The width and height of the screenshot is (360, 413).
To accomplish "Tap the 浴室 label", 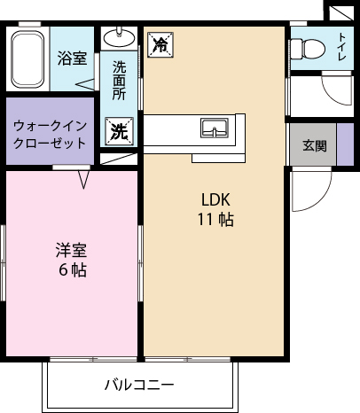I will coord(72,58).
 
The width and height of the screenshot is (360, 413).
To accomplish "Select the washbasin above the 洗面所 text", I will coord(120,39).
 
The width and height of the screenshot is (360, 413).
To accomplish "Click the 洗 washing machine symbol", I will coord(119,131).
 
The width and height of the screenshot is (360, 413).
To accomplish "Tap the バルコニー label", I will coord(139,385).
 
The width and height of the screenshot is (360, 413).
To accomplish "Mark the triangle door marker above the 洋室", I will coord(84,180).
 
